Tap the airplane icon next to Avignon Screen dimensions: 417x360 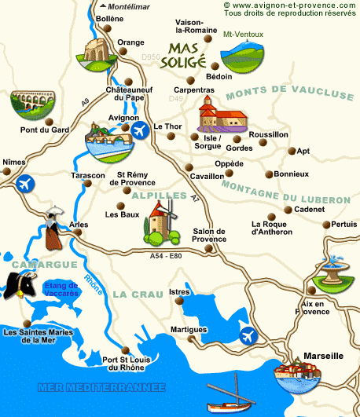141,130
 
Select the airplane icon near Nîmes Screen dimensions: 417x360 24,185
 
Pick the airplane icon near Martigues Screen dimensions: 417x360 249,335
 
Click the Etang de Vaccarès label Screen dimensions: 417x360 61,290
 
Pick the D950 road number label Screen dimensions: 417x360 151,57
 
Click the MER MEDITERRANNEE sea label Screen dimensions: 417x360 102,387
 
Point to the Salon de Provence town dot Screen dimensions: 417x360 208,250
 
